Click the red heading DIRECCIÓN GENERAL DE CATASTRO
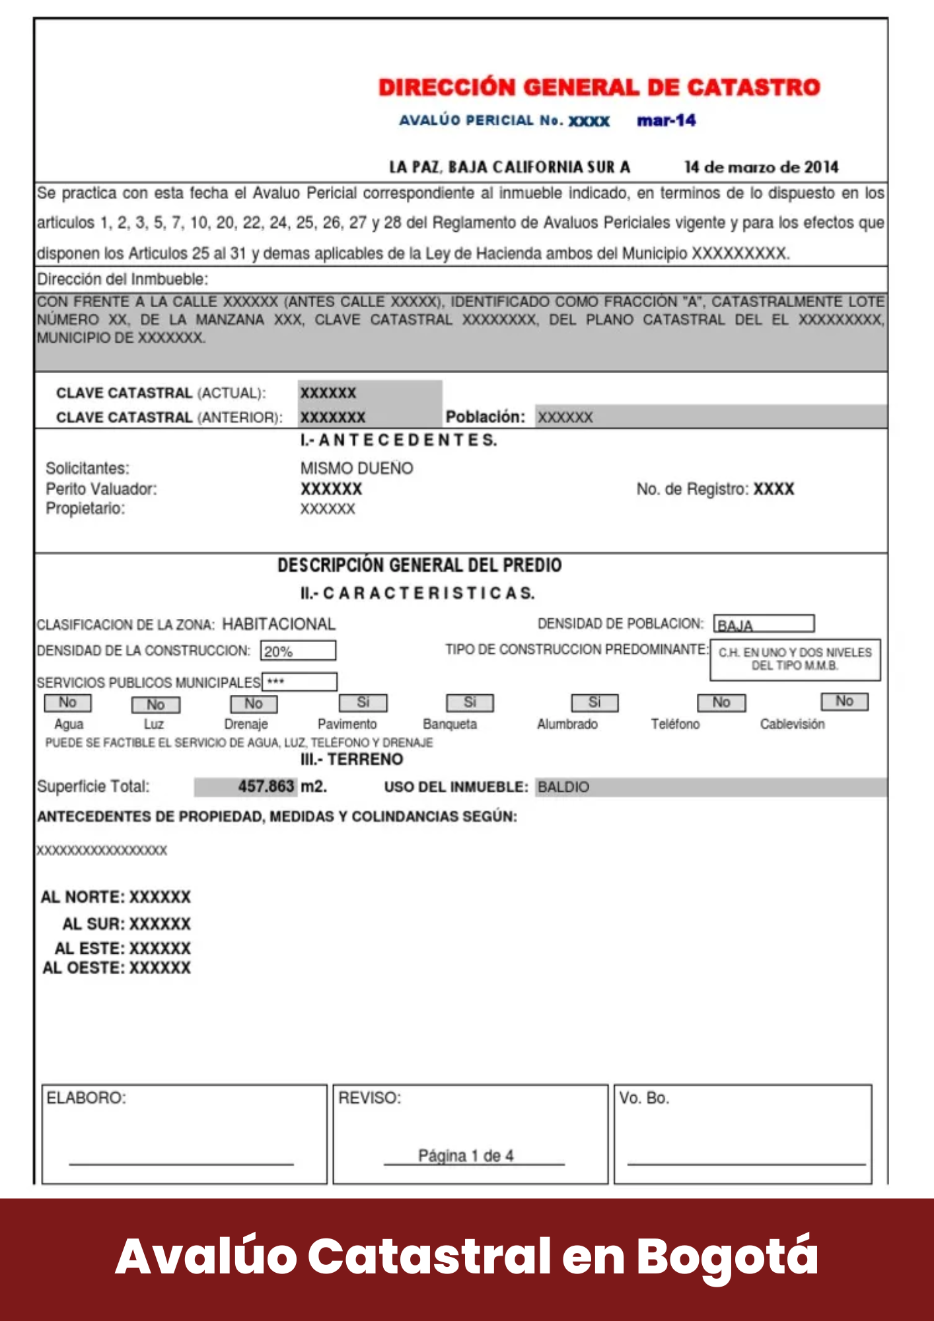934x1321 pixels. pos(598,87)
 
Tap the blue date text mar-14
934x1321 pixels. pos(666,120)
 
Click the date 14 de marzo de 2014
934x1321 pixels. pos(761,167)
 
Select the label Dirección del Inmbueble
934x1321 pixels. pos(122,279)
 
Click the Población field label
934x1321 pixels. pos(485,417)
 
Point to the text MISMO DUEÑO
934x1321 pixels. pos(357,468)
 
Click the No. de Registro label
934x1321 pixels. pos(692,489)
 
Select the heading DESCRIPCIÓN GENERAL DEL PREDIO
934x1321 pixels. pos(419,565)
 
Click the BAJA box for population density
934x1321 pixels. pos(763,624)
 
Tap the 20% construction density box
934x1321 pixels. pos(298,651)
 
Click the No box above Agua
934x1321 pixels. pos(67,703)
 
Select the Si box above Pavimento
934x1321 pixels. pos(363,702)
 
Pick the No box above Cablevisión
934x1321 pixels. pos(844,701)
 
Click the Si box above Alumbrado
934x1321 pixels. pos(594,702)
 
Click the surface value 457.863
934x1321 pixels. pos(266,787)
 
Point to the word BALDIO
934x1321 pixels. pos(563,787)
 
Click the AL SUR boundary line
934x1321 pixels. pos(126,924)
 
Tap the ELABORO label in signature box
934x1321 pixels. pos(86,1098)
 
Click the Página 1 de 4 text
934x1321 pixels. pos(466,1156)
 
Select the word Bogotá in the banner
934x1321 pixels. pos(727,1256)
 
